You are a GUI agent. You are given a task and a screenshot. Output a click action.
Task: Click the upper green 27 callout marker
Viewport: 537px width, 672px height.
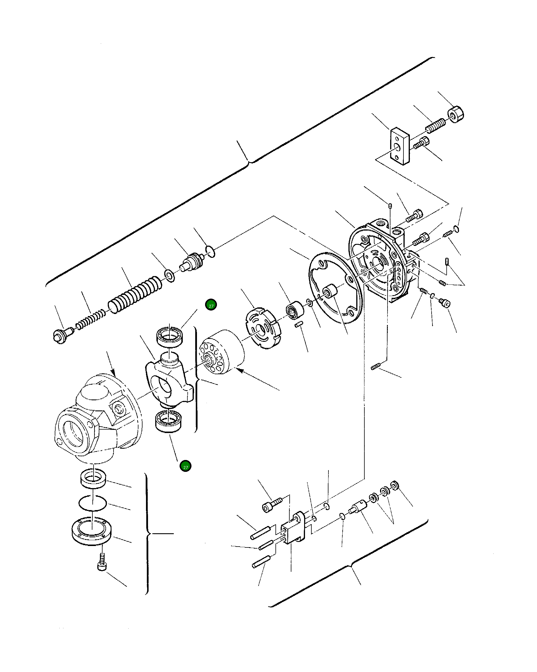click(x=211, y=305)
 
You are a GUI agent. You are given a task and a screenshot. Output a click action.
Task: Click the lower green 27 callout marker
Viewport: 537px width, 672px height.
click(x=185, y=466)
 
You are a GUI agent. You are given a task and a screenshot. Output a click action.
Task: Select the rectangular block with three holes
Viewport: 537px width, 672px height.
click(x=399, y=146)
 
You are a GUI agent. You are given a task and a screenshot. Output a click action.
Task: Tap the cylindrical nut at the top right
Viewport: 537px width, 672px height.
click(x=456, y=114)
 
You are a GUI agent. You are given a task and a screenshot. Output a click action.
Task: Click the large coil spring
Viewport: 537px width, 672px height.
click(x=135, y=295)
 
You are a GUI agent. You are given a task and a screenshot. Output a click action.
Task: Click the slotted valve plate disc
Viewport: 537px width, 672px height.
click(x=262, y=328)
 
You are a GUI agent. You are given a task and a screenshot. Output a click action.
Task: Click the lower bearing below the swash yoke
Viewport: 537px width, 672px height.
click(x=169, y=421)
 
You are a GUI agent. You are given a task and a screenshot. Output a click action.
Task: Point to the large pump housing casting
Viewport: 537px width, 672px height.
click(x=97, y=418)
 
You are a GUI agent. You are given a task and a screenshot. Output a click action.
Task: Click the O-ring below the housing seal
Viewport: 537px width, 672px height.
click(x=93, y=503)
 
